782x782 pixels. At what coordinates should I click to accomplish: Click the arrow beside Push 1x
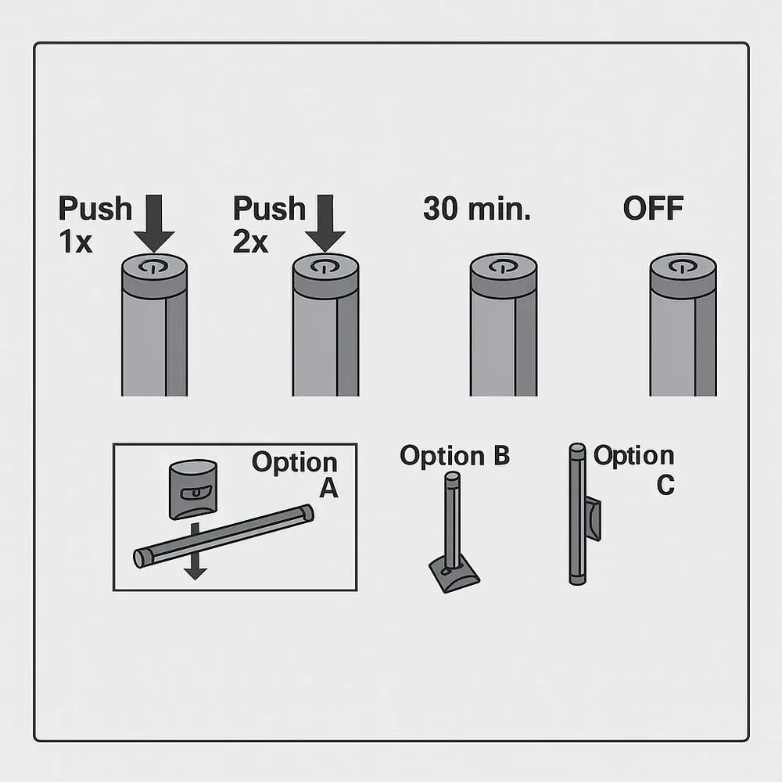pyautogui.click(x=154, y=223)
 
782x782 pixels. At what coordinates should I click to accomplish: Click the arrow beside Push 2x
pyautogui.click(x=325, y=223)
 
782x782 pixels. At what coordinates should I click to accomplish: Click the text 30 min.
pyautogui.click(x=477, y=209)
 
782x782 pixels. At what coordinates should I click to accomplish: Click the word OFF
pyautogui.click(x=653, y=209)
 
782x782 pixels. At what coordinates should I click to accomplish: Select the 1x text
pyautogui.click(x=76, y=242)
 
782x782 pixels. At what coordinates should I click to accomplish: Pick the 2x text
pyautogui.click(x=250, y=242)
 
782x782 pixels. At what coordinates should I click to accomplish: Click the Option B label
pyautogui.click(x=455, y=456)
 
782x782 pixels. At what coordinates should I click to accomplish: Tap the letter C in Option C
pyautogui.click(x=665, y=485)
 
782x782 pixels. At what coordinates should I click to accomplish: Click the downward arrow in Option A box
pyautogui.click(x=195, y=551)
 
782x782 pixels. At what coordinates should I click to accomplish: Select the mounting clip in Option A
pyautogui.click(x=193, y=490)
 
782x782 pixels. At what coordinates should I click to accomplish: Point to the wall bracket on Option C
pyautogui.click(x=594, y=518)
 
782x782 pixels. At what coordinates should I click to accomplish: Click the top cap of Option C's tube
pyautogui.click(x=578, y=448)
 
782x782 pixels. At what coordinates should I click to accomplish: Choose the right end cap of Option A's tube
pyautogui.click(x=307, y=513)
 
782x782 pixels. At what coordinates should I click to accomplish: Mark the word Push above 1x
pyautogui.click(x=95, y=209)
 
